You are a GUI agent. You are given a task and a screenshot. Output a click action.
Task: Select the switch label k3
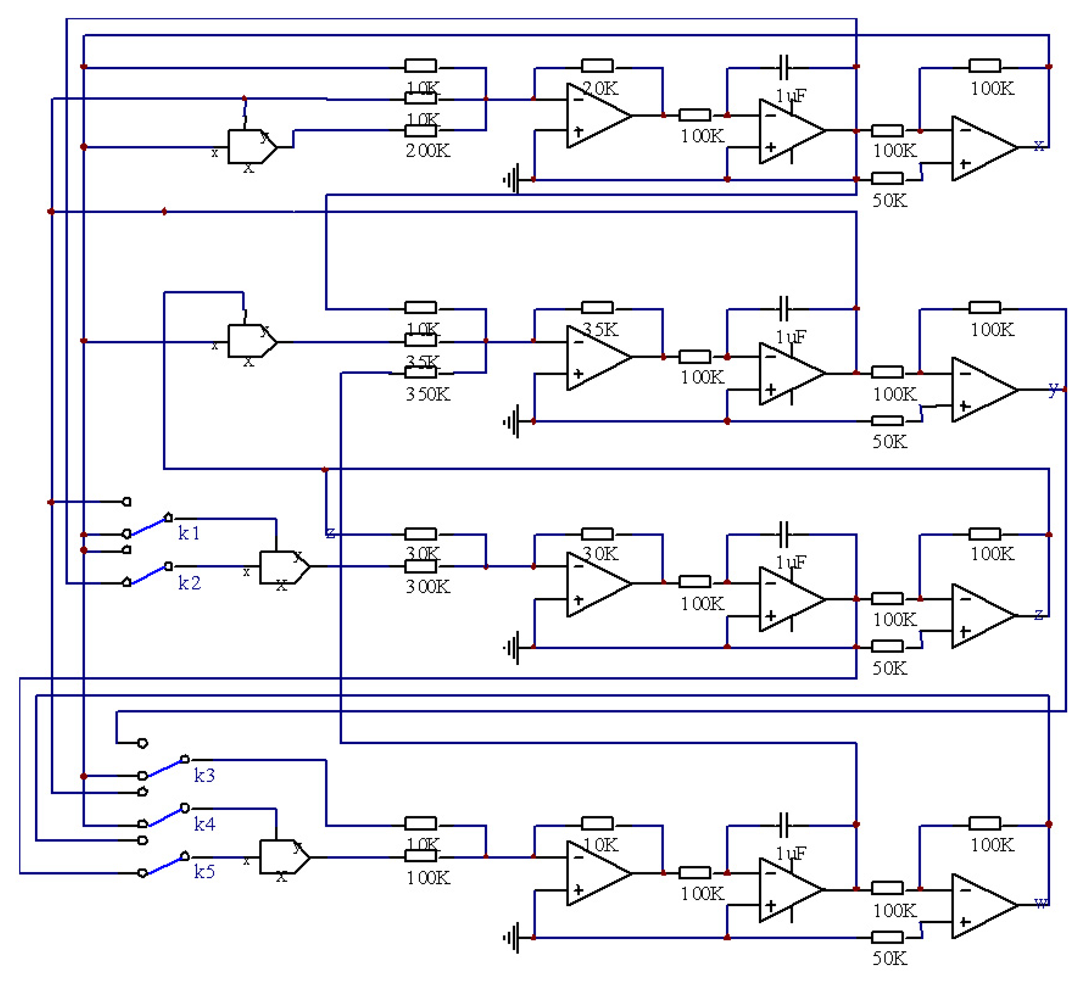(204, 775)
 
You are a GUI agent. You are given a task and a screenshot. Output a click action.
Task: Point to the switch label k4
(204, 824)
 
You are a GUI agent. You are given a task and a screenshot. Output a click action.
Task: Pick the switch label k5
(204, 872)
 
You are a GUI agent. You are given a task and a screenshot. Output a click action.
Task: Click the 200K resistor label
(427, 151)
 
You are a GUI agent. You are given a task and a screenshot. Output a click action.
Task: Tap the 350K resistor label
(427, 394)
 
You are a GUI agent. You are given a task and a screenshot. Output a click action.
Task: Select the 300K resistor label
(427, 586)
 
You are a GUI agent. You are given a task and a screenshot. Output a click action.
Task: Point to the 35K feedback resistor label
(601, 330)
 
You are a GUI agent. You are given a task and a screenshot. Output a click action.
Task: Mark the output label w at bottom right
(1040, 903)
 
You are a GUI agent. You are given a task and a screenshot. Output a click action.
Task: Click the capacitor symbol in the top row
(783, 67)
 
